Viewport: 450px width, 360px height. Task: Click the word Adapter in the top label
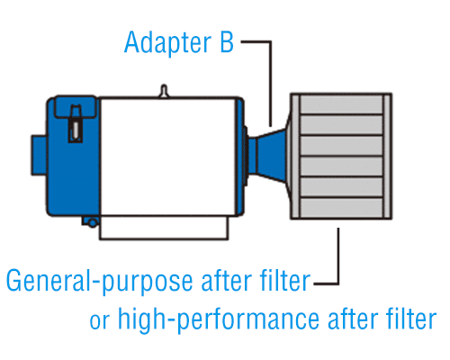(x=167, y=43)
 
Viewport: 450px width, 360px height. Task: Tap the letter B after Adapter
(x=227, y=41)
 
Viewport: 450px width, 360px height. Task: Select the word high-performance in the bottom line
(x=219, y=319)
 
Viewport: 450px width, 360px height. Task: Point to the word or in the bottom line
(x=100, y=321)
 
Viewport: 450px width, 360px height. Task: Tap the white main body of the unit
(x=168, y=157)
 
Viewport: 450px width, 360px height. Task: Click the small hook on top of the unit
(x=164, y=91)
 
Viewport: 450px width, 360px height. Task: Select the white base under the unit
(x=164, y=228)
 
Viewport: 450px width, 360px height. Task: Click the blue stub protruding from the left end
(x=39, y=155)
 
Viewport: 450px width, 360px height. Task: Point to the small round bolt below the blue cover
(x=93, y=222)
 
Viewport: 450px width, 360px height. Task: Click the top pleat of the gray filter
(x=341, y=104)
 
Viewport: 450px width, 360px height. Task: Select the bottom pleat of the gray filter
(x=341, y=208)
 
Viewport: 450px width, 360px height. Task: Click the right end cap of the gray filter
(x=387, y=156)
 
